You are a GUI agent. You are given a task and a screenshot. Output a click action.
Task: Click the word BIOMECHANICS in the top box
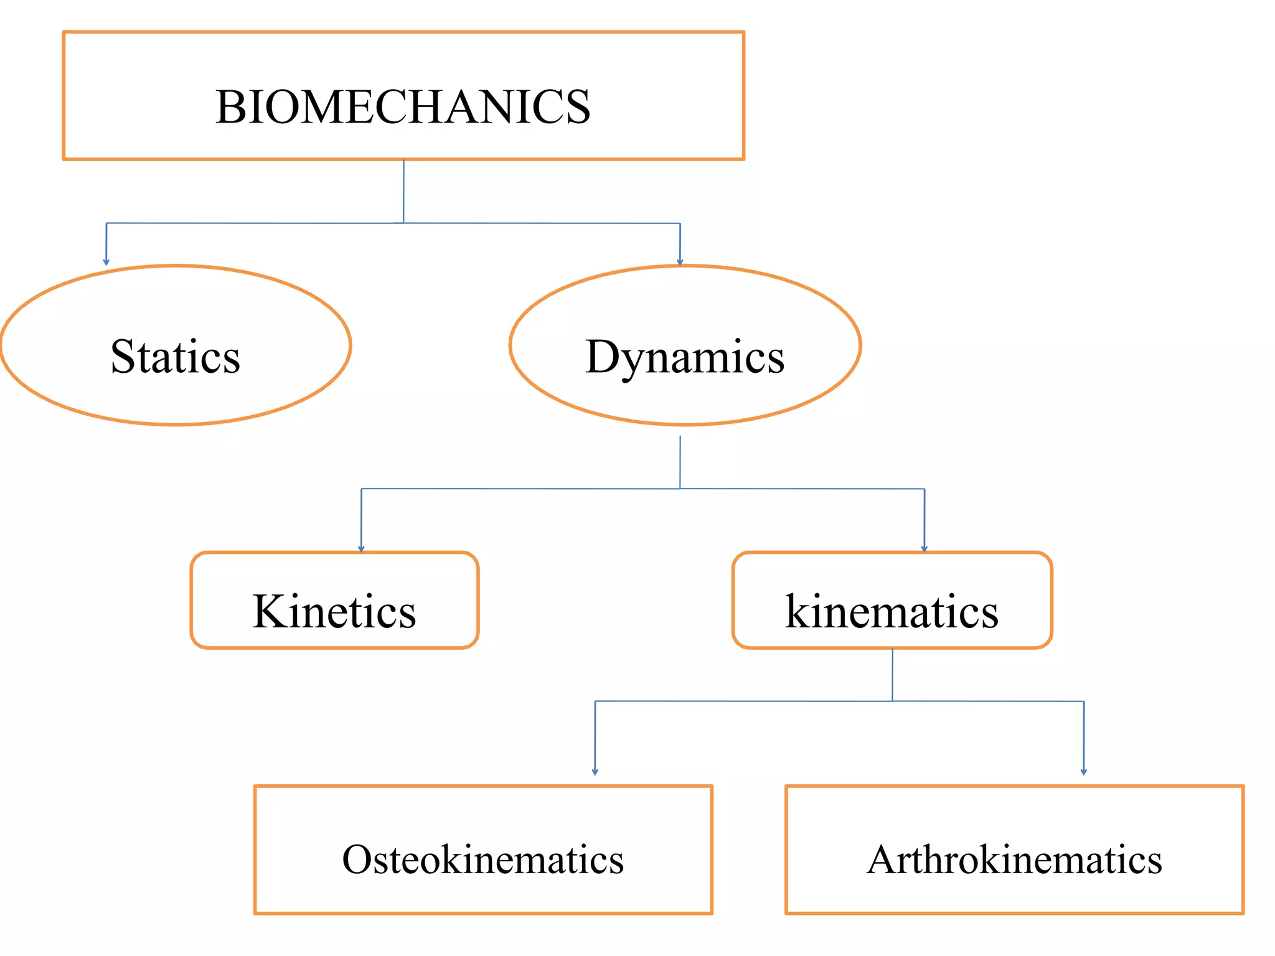click(403, 107)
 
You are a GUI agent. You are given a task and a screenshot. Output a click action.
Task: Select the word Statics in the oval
click(176, 357)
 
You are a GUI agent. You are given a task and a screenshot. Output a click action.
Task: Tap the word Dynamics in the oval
click(685, 357)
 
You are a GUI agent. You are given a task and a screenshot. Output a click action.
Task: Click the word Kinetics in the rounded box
click(334, 611)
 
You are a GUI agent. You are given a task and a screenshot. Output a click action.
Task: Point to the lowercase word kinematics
click(892, 611)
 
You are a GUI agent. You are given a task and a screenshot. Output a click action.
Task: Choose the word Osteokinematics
click(483, 860)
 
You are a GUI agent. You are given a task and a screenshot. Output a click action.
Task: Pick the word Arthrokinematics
click(1014, 860)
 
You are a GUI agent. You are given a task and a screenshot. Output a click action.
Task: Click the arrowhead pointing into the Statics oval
click(106, 262)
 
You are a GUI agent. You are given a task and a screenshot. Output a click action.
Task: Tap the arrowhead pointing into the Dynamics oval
click(680, 262)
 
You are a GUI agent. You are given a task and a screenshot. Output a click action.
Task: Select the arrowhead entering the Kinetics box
click(361, 548)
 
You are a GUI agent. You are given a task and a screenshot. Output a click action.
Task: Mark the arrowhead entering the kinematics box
click(924, 548)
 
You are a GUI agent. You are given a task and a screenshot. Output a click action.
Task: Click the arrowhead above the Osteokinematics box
click(595, 771)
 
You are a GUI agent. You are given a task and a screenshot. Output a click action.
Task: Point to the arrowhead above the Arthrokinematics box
click(1084, 771)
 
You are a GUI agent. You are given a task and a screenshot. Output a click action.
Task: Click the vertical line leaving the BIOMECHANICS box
click(403, 190)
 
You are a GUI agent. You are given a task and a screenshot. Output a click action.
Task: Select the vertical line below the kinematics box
click(892, 675)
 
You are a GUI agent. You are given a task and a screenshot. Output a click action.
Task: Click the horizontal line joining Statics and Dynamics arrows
click(249, 223)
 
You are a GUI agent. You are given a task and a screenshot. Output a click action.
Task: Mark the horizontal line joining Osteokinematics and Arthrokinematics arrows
click(747, 701)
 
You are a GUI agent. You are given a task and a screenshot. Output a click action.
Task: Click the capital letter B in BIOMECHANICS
click(228, 107)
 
